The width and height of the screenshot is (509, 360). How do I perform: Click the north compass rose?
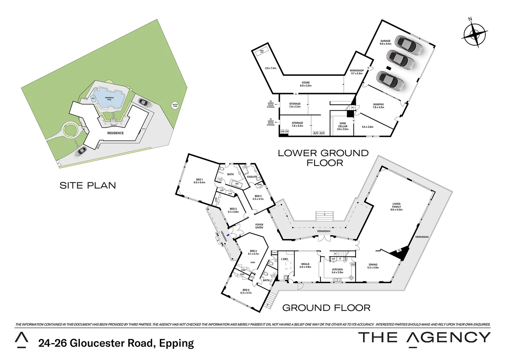(474, 34)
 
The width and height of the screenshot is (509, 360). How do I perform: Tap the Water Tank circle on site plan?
(175, 105)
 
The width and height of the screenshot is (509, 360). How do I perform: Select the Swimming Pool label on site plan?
(109, 99)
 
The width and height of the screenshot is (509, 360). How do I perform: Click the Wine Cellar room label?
(342, 126)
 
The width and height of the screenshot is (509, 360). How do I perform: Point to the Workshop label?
(356, 72)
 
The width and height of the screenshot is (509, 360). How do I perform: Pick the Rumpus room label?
(378, 106)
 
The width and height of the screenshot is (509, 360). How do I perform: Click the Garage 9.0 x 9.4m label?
(385, 42)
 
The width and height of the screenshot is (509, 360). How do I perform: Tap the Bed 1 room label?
(200, 181)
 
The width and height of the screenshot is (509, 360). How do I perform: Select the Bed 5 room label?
(246, 291)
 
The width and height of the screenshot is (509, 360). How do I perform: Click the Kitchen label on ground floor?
(337, 271)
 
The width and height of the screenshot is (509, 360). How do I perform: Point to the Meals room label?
(305, 265)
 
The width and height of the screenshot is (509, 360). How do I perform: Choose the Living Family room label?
(396, 207)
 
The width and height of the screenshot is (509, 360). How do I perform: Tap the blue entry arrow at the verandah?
(228, 235)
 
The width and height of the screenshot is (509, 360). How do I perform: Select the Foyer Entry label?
(259, 226)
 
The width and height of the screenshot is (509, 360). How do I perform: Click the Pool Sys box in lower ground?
(262, 52)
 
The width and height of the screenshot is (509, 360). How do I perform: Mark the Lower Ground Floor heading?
(323, 158)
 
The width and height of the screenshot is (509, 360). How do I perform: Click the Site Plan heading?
(88, 185)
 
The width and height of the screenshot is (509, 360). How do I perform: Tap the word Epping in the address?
(177, 343)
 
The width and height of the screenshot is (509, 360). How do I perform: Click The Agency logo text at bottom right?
(424, 337)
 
